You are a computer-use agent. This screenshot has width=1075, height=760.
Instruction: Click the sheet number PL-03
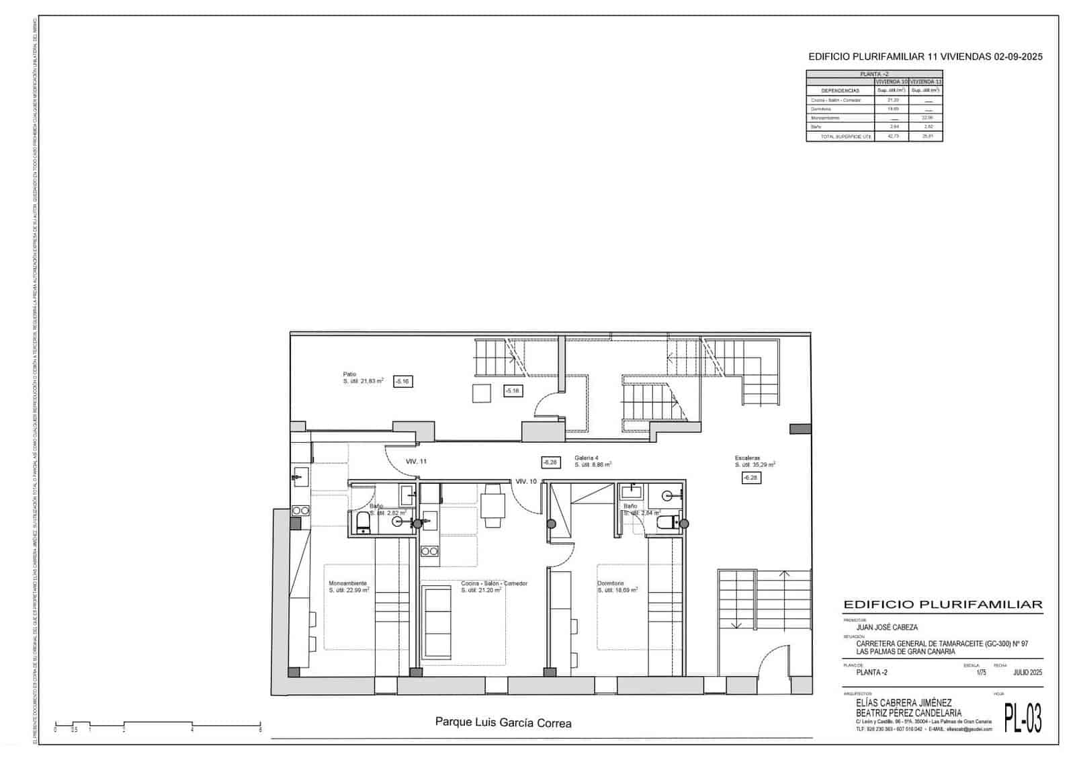1023,718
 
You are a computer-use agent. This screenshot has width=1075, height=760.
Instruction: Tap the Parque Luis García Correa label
503,723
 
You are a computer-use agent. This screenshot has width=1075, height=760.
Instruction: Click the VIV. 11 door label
416,462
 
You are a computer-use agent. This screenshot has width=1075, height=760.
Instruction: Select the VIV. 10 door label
526,481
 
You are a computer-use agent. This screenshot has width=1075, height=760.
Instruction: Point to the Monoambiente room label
347,583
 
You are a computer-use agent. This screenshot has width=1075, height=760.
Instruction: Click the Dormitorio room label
611,583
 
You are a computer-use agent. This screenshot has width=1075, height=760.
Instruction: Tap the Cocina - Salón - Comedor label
494,583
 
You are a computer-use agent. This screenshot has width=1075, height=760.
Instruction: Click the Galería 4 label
586,458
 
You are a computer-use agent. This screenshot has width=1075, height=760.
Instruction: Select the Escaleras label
747,458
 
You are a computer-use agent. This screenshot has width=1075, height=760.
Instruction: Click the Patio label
349,374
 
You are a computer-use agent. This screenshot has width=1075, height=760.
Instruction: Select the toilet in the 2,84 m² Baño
668,523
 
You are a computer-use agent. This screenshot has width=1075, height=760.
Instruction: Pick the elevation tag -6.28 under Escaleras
750,478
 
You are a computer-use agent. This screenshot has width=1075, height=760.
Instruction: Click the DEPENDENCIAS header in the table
840,90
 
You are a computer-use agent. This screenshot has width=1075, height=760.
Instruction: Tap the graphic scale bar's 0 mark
55,728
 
